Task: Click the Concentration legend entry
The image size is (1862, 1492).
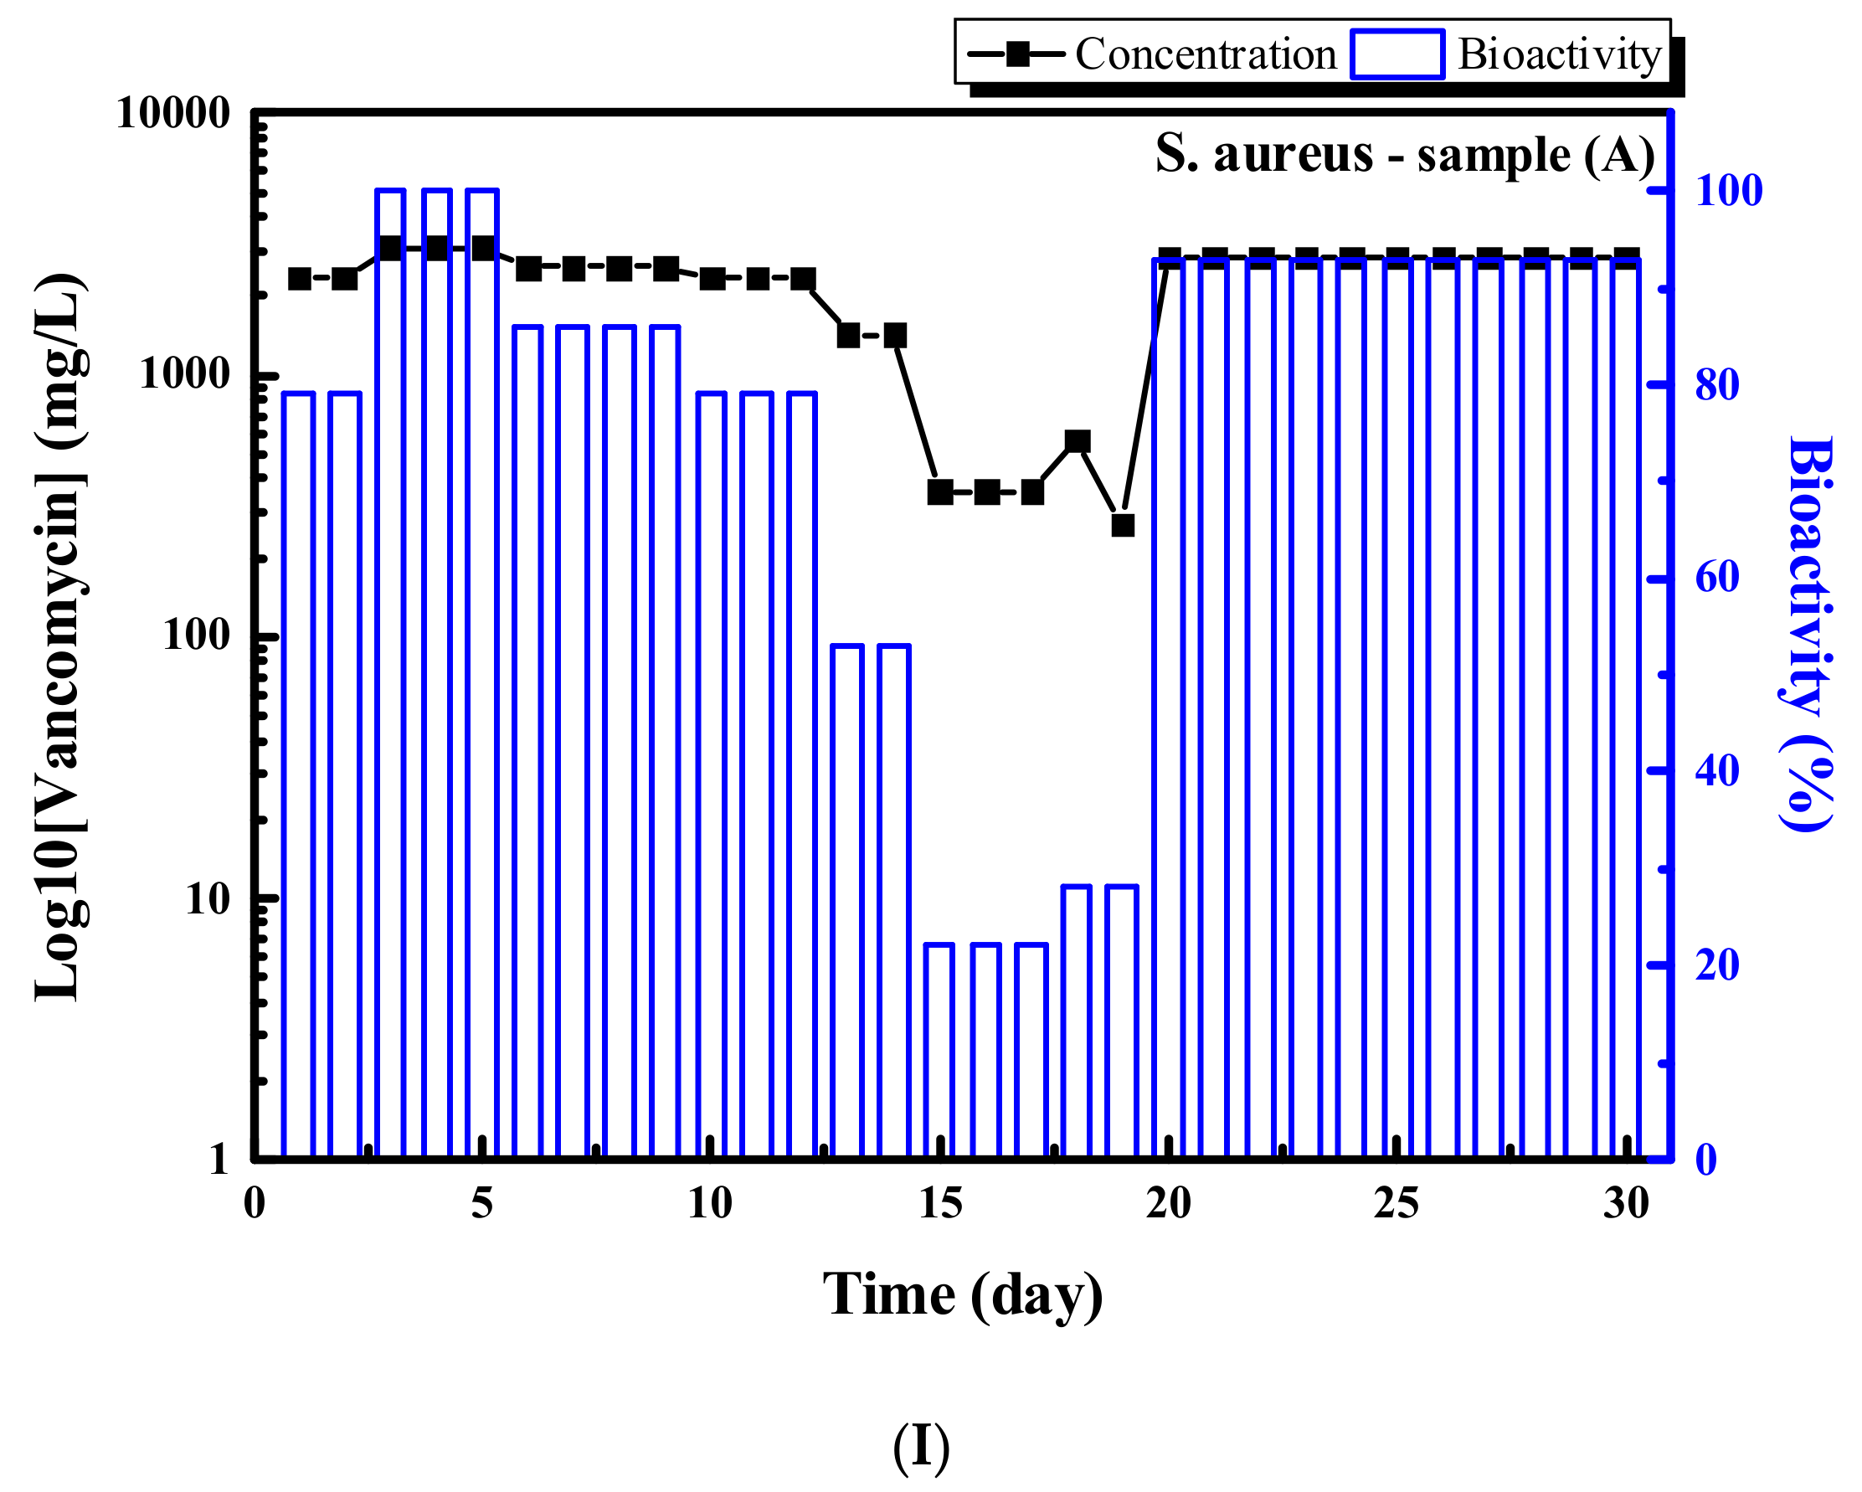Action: coord(1153,54)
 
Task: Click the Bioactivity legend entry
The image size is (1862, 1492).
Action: coord(1508,54)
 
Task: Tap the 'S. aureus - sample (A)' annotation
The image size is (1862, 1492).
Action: coord(1405,156)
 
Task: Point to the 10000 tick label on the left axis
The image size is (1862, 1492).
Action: coord(172,113)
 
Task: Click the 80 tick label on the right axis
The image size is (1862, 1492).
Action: coord(1717,385)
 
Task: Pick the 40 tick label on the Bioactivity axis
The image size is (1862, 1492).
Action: coord(1717,771)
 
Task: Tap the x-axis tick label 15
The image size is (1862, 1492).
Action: coord(939,1204)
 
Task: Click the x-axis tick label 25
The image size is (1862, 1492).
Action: coord(1396,1204)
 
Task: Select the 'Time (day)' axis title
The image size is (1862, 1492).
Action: coord(962,1295)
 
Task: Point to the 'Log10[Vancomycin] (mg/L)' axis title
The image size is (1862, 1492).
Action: coord(60,637)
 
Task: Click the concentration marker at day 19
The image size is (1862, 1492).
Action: coord(1123,525)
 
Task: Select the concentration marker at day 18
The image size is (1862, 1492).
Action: coord(1078,442)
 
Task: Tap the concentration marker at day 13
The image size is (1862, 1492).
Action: coord(849,335)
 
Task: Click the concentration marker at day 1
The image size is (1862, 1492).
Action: coord(300,279)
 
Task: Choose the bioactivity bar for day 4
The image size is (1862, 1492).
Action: coord(437,673)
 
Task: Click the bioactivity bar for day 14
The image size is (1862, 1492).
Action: coord(894,902)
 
